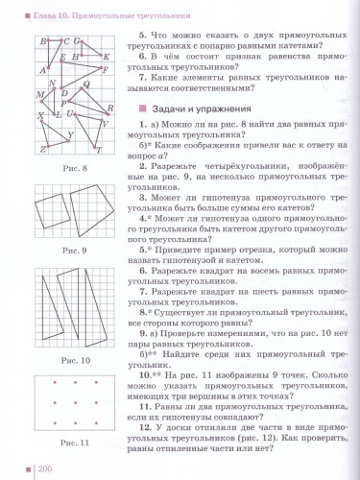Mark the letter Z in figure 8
pos(42,150)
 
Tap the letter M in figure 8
pos(39,96)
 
